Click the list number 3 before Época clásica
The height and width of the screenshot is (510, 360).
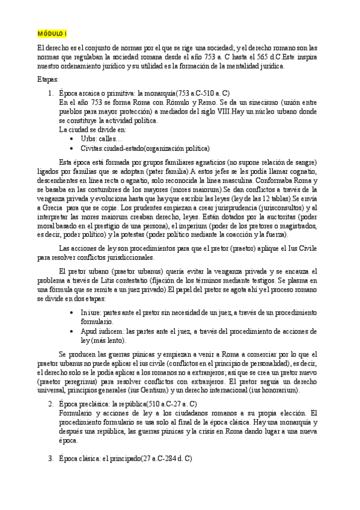50,458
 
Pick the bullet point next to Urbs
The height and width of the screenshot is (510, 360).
72,138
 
